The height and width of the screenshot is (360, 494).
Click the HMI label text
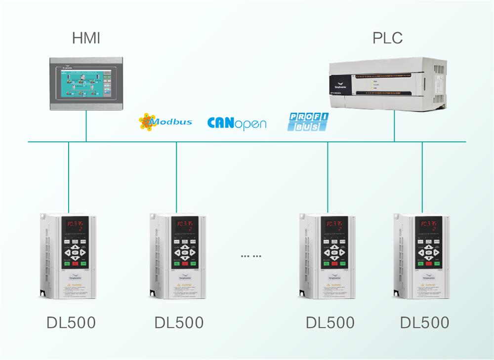[86, 38]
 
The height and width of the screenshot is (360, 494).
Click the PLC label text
[387, 38]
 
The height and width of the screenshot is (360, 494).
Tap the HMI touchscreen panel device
[86, 84]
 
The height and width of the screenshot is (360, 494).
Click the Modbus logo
[165, 121]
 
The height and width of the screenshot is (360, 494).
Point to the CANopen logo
[237, 122]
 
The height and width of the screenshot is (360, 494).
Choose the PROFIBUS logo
[308, 121]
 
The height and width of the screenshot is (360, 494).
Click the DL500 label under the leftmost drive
[71, 322]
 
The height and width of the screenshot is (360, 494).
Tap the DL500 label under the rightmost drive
[424, 322]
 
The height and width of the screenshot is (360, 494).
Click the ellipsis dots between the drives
[251, 256]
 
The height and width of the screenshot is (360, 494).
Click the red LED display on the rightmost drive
[428, 225]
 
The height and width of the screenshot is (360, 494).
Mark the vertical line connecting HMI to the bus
[86, 127]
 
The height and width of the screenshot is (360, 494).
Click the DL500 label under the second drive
[179, 322]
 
